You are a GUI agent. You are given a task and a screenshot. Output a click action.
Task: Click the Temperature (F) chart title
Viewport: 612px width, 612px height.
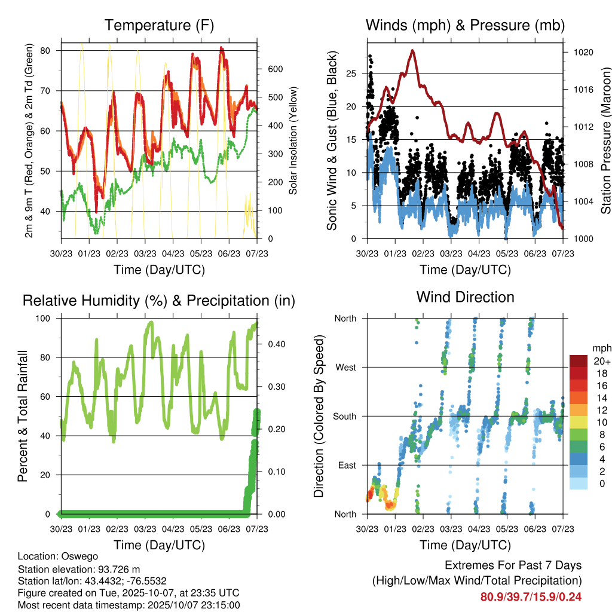coord(159,25)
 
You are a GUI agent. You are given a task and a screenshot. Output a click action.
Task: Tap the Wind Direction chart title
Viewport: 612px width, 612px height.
coord(465,296)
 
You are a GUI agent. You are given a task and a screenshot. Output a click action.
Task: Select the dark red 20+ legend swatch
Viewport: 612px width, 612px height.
coord(579,361)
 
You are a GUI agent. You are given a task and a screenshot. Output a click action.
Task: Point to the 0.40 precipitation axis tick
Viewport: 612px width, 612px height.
coord(272,344)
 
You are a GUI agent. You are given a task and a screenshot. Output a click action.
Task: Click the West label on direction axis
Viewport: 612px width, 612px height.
coord(345,367)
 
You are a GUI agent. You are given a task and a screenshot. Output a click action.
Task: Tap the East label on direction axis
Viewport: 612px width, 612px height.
coord(346,465)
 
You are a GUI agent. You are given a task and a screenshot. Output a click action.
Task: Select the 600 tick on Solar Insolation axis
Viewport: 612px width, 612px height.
coord(275,69)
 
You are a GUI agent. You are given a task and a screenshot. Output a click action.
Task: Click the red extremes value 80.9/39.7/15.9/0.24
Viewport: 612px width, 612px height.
coord(531,596)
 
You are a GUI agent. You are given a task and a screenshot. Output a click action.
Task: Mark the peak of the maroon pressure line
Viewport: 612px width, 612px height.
coord(412,51)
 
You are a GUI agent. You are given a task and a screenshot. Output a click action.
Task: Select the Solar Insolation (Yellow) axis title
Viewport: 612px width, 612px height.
coord(293,141)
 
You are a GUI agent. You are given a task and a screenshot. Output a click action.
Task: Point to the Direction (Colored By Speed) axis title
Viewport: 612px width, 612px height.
coord(319,416)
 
